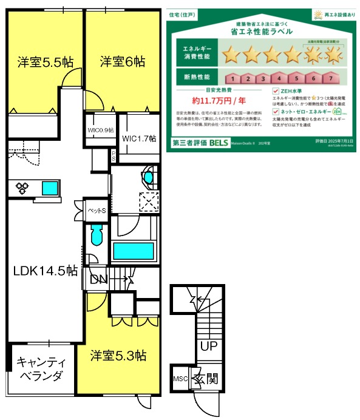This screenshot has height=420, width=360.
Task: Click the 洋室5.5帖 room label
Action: click(46, 62)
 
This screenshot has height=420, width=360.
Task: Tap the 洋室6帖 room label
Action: click(123, 62)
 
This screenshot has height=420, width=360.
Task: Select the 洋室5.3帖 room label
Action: click(118, 355)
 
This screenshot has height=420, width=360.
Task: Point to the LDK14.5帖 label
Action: click(45, 271)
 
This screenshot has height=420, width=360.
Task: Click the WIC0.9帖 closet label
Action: click(100, 130)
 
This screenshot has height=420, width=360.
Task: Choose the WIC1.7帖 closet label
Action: click(139, 138)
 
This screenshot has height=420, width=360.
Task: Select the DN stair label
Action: click(98, 280)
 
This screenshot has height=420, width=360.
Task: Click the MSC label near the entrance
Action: click(181, 379)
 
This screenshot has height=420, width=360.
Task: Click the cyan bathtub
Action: click(134, 251)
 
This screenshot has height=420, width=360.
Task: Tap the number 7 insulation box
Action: click(329, 78)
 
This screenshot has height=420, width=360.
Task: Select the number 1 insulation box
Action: click(231, 78)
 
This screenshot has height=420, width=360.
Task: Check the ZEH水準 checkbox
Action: click(276, 91)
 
